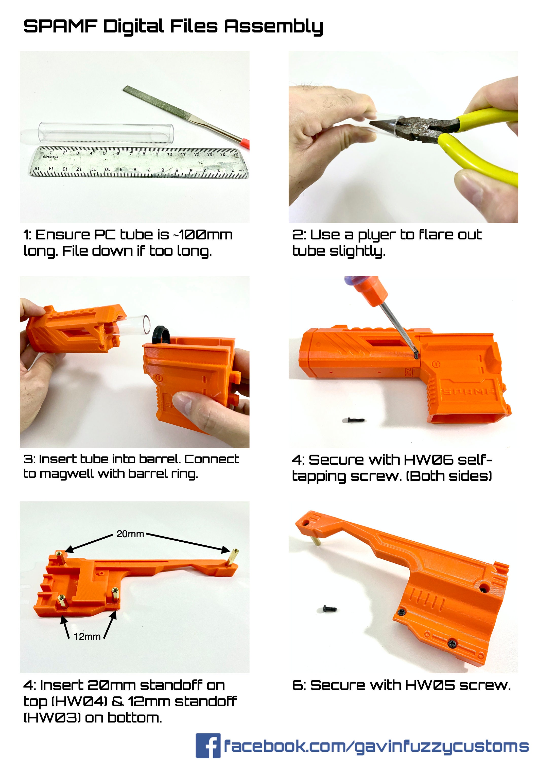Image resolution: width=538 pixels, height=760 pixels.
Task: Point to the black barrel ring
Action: pos(161,334)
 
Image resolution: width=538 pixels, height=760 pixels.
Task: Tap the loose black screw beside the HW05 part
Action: pos(330,609)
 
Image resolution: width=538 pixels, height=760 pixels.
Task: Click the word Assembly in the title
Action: pos(273,27)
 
